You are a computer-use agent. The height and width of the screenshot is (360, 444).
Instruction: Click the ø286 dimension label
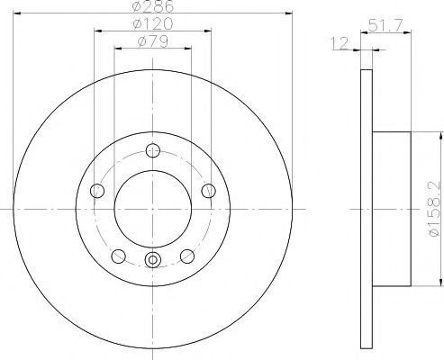[x=153, y=6]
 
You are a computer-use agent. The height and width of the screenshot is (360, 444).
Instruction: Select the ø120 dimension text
[x=153, y=24]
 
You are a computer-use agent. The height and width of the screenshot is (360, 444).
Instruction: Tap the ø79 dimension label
[x=153, y=41]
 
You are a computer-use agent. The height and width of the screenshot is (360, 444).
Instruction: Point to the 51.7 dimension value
[x=385, y=25]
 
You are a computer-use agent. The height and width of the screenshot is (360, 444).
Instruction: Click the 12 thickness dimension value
[x=340, y=43]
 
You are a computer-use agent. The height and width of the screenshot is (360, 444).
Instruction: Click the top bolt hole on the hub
[x=153, y=150]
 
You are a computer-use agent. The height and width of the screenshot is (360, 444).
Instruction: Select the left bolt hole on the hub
[x=97, y=191]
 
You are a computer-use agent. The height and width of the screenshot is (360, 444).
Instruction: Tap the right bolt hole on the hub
[x=208, y=191]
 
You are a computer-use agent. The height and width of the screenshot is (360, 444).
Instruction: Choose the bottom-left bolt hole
[x=118, y=256]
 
